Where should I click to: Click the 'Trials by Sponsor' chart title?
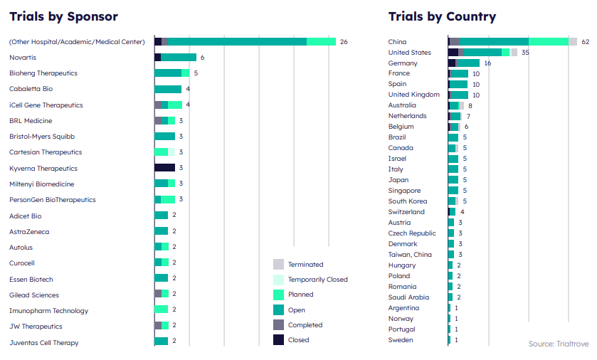[x=63, y=16]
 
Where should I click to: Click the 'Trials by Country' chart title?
[x=442, y=16]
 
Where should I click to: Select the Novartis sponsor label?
[x=23, y=58]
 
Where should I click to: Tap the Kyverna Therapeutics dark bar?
[x=164, y=168]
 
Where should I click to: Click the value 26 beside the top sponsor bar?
[x=344, y=42]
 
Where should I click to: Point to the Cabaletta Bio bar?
[x=168, y=89]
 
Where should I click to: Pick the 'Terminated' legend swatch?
[x=278, y=264]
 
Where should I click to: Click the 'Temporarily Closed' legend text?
[x=318, y=280]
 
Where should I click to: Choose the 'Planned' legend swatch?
[x=278, y=295]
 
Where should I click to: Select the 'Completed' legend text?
[x=305, y=325]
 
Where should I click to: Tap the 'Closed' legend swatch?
[x=278, y=340]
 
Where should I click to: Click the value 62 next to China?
[x=586, y=42]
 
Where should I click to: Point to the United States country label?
[x=409, y=53]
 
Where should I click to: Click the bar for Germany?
[x=464, y=63]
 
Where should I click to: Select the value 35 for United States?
[x=525, y=53]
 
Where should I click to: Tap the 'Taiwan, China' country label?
[x=410, y=255]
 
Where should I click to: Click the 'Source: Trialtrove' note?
[x=558, y=344]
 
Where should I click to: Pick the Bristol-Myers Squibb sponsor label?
[x=42, y=136]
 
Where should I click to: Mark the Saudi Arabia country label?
[x=408, y=297]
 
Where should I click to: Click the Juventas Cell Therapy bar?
[x=162, y=342]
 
